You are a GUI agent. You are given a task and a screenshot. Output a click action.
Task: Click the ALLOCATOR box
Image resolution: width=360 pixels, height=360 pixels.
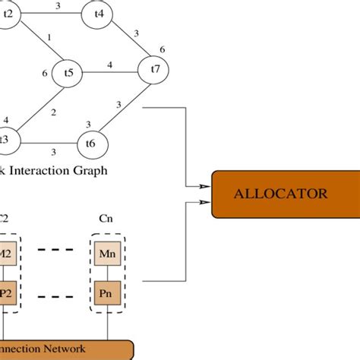tap(280, 194)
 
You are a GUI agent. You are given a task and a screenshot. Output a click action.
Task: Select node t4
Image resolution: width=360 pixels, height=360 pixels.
tap(99, 14)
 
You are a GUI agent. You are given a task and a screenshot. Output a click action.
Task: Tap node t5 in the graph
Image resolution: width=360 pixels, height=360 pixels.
tap(68, 73)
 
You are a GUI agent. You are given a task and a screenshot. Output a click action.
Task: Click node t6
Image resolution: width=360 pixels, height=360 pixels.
tap(90, 143)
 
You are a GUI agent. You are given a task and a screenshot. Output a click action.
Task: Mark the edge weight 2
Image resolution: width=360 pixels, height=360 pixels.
tap(53, 113)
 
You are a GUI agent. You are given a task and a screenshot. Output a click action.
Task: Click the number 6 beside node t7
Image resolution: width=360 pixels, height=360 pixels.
tap(162, 49)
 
